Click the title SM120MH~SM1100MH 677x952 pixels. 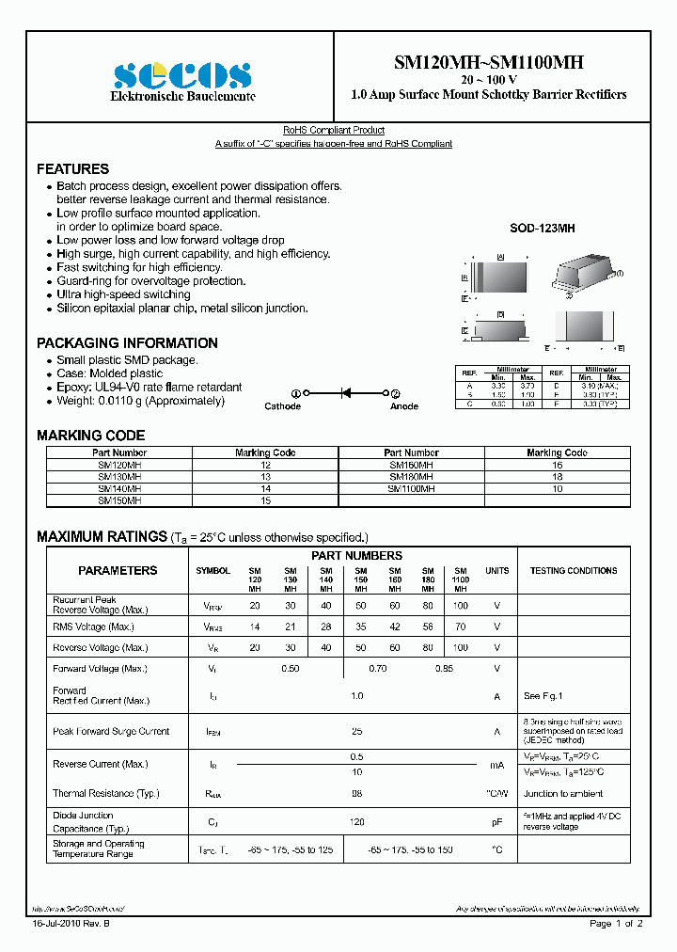pyautogui.click(x=488, y=63)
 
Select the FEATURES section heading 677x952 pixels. pyautogui.click(x=72, y=169)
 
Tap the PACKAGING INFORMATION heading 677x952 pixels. pyautogui.click(x=127, y=343)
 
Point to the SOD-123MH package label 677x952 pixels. pyautogui.click(x=542, y=229)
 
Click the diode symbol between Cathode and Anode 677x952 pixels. pyautogui.click(x=345, y=393)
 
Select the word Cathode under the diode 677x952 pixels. pyautogui.click(x=282, y=406)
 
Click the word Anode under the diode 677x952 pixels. pyautogui.click(x=404, y=406)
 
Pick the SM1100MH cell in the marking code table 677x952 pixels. pyautogui.click(x=411, y=489)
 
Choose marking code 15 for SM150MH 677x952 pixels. pyautogui.click(x=265, y=500)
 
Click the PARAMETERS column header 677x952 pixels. pyautogui.click(x=118, y=571)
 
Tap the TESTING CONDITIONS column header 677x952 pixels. pyautogui.click(x=574, y=571)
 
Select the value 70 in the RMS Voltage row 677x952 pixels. pyautogui.click(x=460, y=627)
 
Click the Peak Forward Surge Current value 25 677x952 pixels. pyautogui.click(x=356, y=731)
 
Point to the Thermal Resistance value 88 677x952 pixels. pyautogui.click(x=356, y=793)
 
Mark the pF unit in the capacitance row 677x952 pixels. pyautogui.click(x=496, y=822)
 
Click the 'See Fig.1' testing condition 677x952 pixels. pyautogui.click(x=543, y=696)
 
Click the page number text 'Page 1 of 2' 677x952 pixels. pyautogui.click(x=616, y=924)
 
